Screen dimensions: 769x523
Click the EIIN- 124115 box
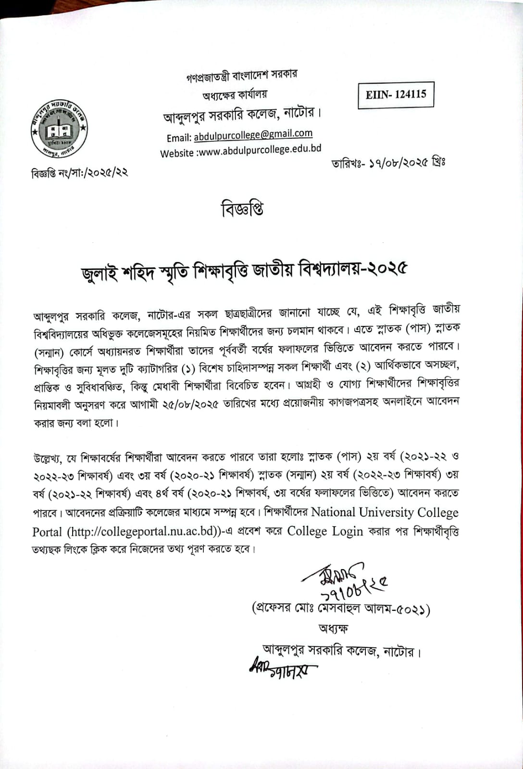(396, 95)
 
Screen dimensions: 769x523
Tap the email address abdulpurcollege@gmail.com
(253, 135)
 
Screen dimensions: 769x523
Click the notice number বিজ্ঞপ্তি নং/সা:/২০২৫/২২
(80, 172)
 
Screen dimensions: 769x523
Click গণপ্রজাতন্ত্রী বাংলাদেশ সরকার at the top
(242, 75)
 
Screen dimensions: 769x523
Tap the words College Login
(325, 531)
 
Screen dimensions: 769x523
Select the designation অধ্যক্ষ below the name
(333, 628)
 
